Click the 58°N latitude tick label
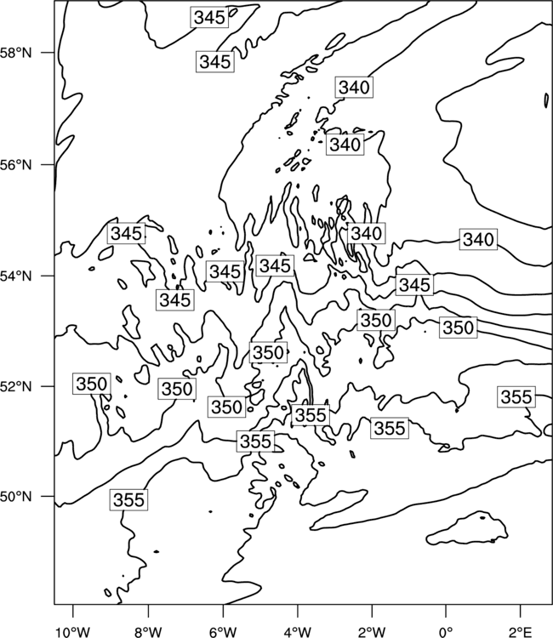click(15, 53)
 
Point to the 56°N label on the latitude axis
click(15, 165)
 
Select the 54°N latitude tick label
click(15, 276)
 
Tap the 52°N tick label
click(15, 386)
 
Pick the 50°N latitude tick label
click(15, 497)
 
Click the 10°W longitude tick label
click(72, 632)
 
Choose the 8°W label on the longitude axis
click(148, 632)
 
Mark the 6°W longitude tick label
click(223, 632)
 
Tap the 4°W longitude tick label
click(298, 632)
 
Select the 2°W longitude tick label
click(372, 632)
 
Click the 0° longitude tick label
click(446, 632)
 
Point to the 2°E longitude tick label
click(521, 632)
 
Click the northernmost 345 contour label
click(209, 18)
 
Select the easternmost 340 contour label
click(478, 239)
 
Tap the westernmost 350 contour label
click(92, 384)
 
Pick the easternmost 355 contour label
click(516, 396)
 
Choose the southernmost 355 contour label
click(128, 499)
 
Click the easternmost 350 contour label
click(459, 328)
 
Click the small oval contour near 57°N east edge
click(546, 100)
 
